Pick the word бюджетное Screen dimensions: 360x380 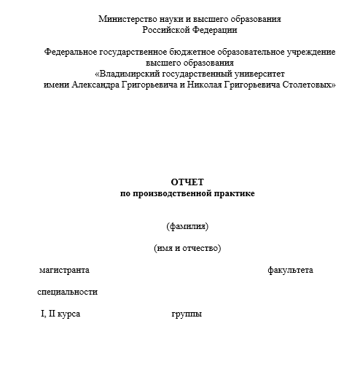(x=188, y=53)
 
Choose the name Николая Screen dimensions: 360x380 (x=205, y=85)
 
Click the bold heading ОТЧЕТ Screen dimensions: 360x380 (x=188, y=182)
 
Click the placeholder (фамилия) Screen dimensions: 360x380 (x=187, y=225)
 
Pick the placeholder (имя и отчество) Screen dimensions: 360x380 (x=187, y=248)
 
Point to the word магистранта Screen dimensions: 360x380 (x=64, y=271)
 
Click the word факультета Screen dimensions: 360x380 (x=290, y=271)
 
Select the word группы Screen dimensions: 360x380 (x=187, y=314)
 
